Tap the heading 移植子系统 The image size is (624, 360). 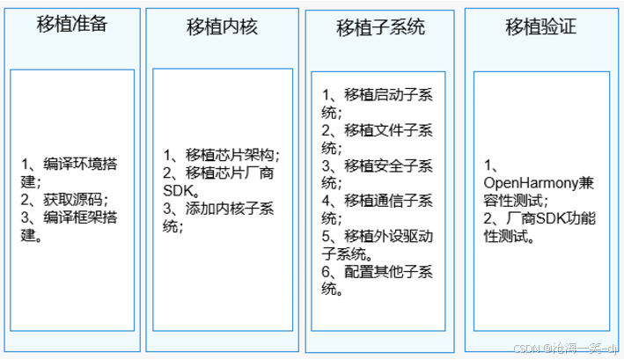(380, 27)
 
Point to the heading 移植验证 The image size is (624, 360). (540, 26)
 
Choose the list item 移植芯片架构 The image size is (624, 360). (220, 155)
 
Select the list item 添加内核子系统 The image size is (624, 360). (220, 209)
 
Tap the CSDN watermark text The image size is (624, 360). (569, 349)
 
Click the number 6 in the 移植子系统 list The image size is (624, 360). (326, 271)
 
